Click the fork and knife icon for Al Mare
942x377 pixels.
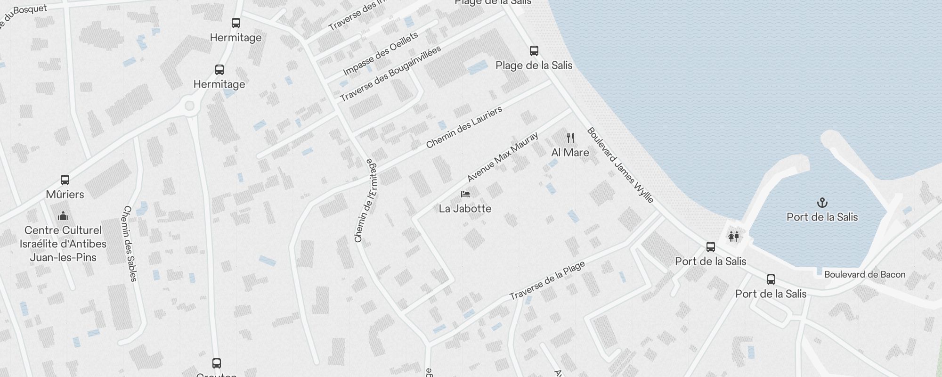click(570, 138)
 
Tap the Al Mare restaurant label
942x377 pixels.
click(570, 152)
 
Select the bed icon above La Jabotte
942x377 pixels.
click(465, 194)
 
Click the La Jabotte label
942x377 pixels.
click(465, 208)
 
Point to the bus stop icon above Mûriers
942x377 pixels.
click(65, 180)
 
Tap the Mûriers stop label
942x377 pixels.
click(65, 194)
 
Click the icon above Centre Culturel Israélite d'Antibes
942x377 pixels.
click(63, 216)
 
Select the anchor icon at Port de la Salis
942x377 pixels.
click(822, 203)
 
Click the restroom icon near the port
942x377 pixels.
click(733, 236)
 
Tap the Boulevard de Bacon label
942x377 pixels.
click(865, 274)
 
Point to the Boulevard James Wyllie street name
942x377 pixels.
click(620, 165)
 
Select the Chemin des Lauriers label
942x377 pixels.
click(464, 128)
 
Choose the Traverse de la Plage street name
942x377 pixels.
click(547, 281)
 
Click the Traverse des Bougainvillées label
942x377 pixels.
click(390, 74)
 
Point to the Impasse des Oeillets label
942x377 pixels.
click(381, 54)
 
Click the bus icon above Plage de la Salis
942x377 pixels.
click(534, 51)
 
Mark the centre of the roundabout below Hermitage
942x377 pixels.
click(190, 106)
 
